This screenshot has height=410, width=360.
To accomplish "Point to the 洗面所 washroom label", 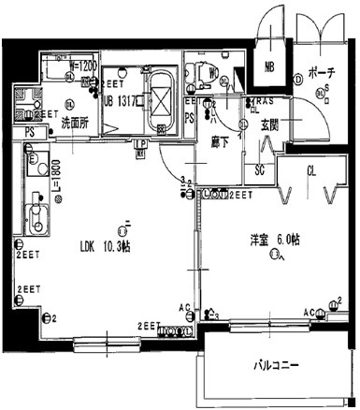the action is pos(76,123).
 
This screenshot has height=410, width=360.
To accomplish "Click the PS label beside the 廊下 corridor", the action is pos(190,119).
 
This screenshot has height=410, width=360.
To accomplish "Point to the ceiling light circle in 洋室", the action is pos(274,253).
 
